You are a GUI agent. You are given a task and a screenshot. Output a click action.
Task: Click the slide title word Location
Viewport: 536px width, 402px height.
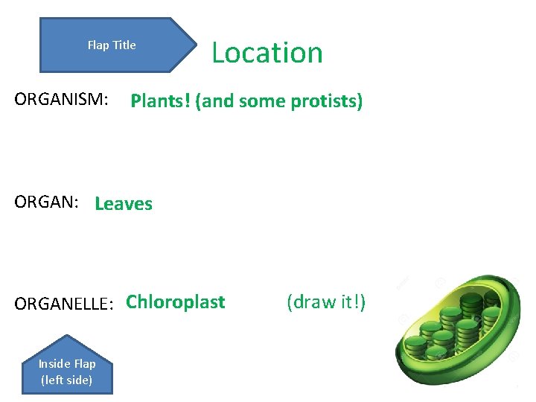point(267,53)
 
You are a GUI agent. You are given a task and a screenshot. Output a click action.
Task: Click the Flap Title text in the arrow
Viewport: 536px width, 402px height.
point(112,45)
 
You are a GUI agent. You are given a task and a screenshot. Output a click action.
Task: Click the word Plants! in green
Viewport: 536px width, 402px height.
point(160,101)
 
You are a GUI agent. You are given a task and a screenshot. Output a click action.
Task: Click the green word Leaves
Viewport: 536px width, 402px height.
point(124,204)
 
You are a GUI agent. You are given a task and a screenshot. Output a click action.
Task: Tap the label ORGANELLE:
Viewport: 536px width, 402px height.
point(64,303)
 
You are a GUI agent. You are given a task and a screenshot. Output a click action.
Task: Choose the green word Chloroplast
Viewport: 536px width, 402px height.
point(176,302)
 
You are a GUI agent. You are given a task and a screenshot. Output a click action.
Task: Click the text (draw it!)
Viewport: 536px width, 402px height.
point(326,302)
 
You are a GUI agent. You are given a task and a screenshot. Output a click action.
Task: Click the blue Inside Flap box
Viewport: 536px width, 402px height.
point(67,371)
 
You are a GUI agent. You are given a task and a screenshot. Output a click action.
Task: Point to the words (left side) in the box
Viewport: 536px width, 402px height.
point(67,380)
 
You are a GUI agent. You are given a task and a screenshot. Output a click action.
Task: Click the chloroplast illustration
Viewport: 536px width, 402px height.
point(458,328)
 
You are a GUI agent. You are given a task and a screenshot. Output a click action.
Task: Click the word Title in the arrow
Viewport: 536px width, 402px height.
point(124,45)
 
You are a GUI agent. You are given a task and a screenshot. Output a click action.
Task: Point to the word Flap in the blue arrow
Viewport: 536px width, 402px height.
point(98,45)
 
